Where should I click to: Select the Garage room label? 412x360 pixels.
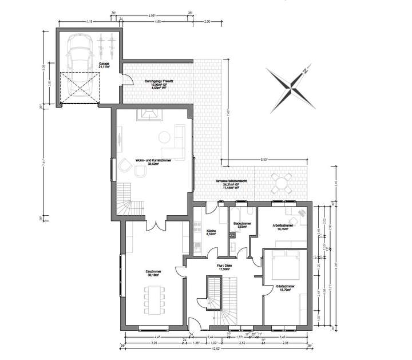[x=104, y=65]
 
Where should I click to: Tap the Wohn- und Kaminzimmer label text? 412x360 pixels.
[x=153, y=162]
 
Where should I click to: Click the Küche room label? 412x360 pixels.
[x=211, y=232]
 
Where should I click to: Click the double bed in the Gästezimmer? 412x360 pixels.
[x=284, y=264]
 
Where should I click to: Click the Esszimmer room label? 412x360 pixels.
[x=153, y=275]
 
